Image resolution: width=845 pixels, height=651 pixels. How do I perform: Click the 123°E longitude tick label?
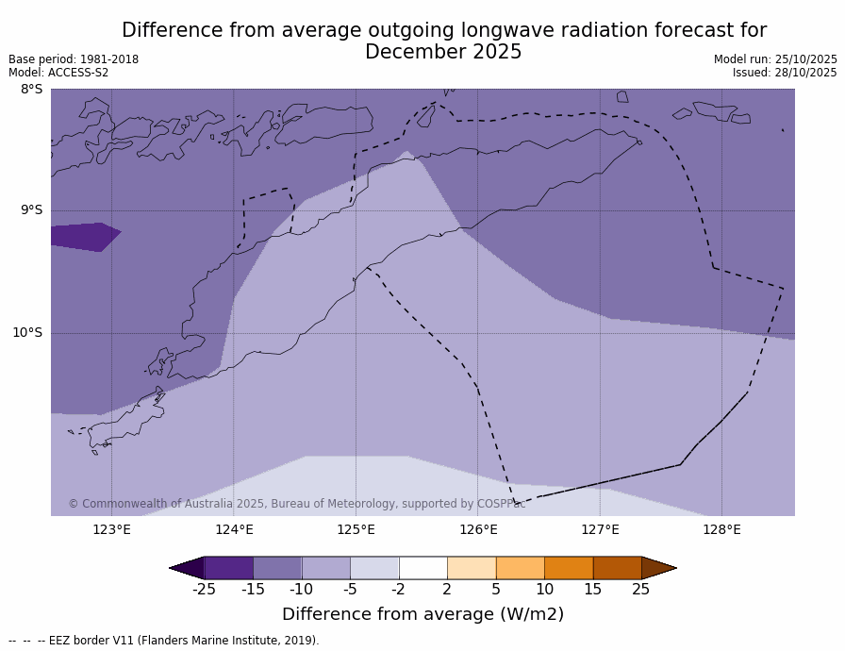coord(111,529)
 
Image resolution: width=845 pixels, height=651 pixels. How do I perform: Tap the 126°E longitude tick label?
coord(478,529)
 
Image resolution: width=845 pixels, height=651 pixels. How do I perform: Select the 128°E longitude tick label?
coord(721,529)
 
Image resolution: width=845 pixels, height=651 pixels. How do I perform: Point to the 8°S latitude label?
coord(31,90)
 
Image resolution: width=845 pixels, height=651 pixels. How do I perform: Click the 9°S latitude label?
coord(31,210)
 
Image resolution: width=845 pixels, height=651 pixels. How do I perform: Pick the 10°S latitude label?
coord(27,332)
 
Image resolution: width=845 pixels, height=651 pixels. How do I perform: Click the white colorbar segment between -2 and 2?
coord(422,568)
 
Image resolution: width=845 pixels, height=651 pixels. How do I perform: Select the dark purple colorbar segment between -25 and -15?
coord(228,568)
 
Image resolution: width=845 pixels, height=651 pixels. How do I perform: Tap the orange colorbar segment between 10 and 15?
coord(569,568)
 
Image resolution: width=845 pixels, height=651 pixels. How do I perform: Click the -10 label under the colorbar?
coord(301,590)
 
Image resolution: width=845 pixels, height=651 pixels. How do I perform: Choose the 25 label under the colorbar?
coord(641,590)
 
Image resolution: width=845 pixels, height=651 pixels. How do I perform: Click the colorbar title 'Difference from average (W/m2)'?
coord(422,614)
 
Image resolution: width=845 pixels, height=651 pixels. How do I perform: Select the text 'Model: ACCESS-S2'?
coord(58,73)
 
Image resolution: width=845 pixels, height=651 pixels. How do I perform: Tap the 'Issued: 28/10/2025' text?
coord(785,73)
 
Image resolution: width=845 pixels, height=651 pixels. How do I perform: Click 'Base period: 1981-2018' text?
coord(74,59)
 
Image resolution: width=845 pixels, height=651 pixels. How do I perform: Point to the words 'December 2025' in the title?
coord(443,53)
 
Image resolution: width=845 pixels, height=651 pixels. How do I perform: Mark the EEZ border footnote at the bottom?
coord(164,641)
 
